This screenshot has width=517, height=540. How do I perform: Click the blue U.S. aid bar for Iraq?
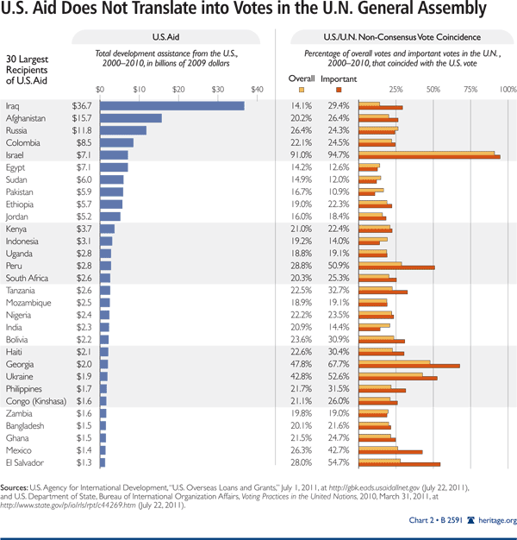[172, 105]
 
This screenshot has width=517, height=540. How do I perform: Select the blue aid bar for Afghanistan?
[131, 118]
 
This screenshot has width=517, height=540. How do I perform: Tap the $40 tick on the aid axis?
[257, 89]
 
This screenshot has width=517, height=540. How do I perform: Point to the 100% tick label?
[507, 89]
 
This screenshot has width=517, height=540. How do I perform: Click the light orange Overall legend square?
[301, 89]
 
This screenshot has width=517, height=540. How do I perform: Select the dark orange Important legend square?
[338, 89]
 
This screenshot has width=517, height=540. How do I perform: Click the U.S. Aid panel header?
[178, 38]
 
